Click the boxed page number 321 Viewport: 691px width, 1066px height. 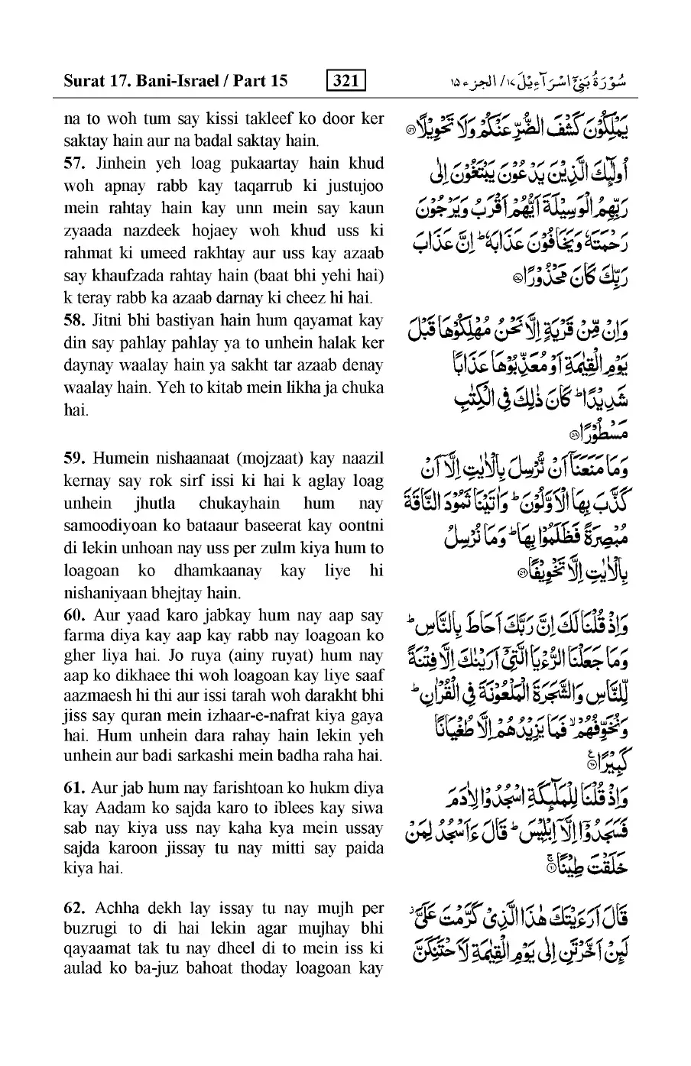pos(345,79)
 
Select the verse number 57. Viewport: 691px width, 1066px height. pos(74,164)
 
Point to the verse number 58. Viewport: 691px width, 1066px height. pos(74,320)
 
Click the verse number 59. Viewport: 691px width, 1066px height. pos(74,458)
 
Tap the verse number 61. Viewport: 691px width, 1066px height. pos(74,787)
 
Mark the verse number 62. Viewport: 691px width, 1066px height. pos(74,908)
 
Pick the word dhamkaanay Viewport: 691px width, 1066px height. pos(221,570)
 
